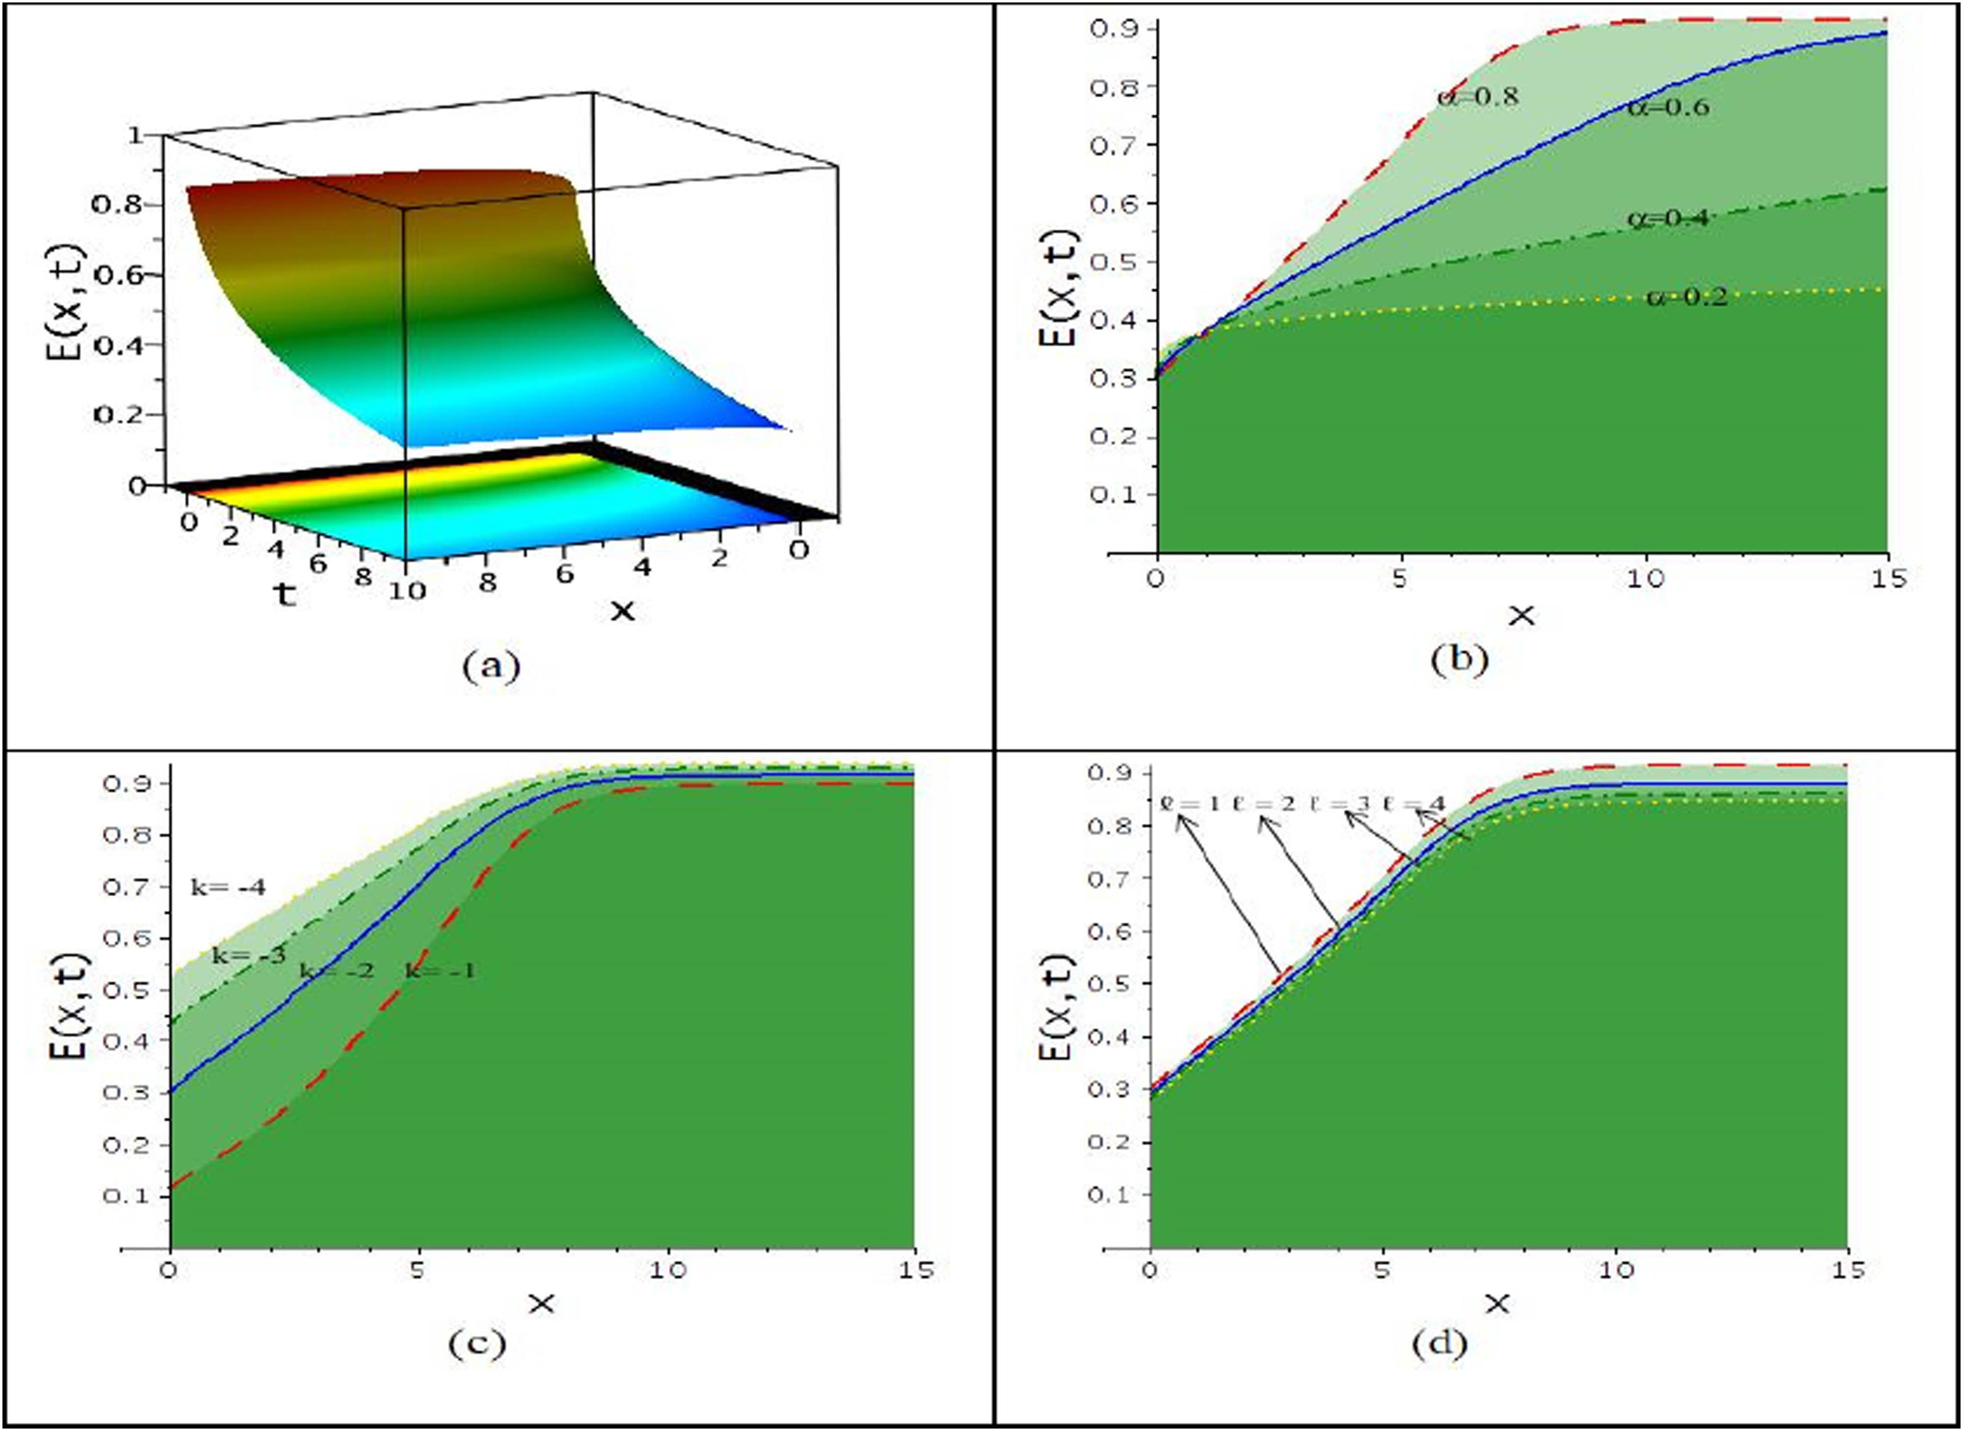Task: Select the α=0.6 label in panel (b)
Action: point(1668,107)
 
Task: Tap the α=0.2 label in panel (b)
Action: point(1687,298)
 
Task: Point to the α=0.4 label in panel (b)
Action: point(1668,218)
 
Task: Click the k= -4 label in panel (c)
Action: point(228,887)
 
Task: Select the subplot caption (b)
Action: point(1459,660)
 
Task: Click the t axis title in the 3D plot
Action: point(284,594)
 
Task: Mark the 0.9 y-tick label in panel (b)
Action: point(1112,28)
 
